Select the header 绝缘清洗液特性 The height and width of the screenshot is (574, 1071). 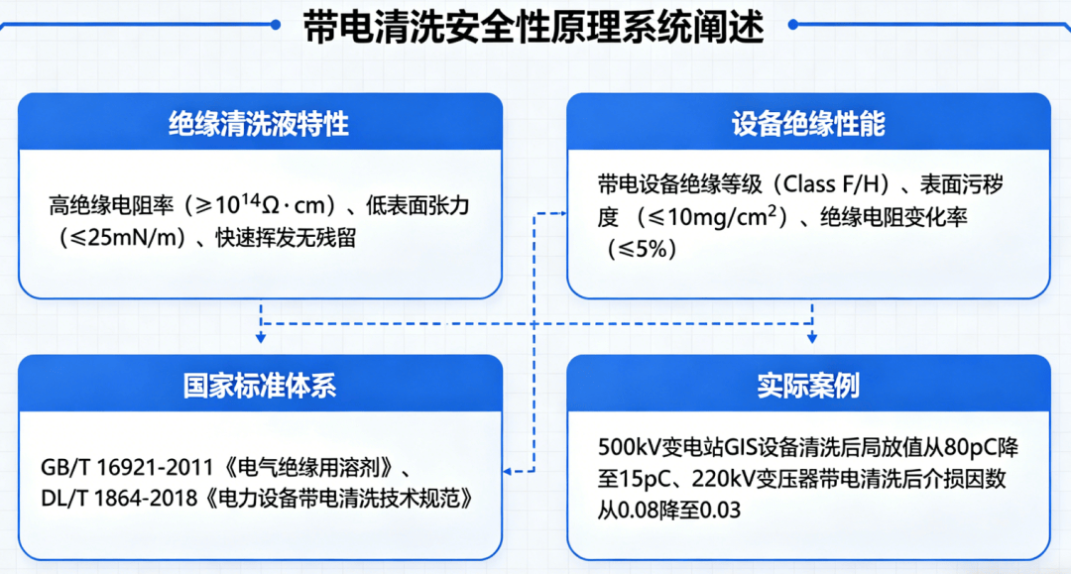click(x=259, y=124)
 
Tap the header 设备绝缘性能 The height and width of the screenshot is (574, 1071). click(x=808, y=124)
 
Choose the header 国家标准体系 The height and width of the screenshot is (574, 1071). click(x=259, y=385)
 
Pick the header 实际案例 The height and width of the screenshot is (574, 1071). click(x=808, y=385)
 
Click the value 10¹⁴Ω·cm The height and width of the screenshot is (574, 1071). click(x=274, y=204)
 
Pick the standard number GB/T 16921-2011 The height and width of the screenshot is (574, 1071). click(x=119, y=467)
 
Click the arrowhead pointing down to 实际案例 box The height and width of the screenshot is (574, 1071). click(x=812, y=337)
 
